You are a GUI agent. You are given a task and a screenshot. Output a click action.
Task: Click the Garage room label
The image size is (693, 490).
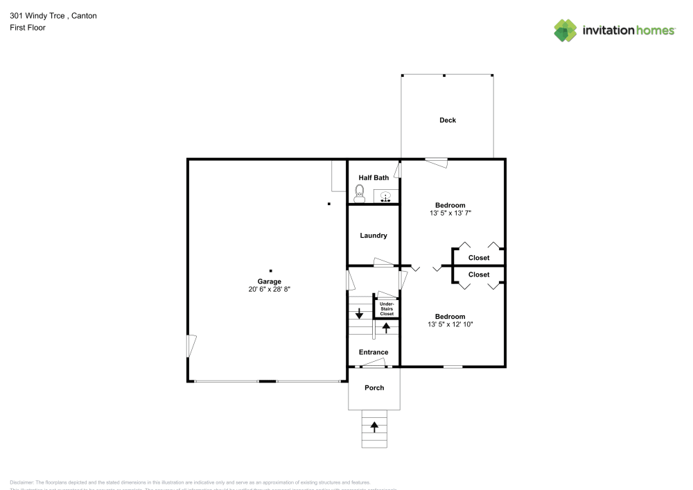270,281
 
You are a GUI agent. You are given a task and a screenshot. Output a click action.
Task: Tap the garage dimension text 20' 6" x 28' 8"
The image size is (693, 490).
270,290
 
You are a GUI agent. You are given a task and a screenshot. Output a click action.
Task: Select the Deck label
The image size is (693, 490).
448,121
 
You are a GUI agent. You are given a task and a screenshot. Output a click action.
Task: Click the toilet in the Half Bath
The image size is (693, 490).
359,192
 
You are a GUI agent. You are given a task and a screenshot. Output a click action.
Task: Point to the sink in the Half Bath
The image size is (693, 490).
385,198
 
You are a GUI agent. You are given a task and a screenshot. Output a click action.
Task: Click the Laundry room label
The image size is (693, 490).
374,236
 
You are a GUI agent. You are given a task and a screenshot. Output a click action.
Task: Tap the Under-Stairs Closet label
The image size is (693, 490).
386,308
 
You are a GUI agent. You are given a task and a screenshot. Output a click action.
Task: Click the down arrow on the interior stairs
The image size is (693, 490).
359,313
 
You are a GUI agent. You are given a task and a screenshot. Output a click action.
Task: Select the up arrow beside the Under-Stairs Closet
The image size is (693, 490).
386,326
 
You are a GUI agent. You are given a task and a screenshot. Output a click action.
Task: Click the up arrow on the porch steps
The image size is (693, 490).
374,426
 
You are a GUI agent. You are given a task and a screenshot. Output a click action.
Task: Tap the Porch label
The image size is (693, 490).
374,387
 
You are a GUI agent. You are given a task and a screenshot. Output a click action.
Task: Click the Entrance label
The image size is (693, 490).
374,353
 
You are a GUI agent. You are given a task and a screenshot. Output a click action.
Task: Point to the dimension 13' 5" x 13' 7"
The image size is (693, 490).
450,213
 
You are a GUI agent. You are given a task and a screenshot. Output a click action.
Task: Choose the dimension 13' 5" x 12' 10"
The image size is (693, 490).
450,324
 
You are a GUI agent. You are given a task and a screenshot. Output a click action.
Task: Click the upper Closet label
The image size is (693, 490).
479,258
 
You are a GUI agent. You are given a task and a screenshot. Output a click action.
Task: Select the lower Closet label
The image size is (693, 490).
479,274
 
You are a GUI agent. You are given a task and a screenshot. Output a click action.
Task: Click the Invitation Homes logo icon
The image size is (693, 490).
565,30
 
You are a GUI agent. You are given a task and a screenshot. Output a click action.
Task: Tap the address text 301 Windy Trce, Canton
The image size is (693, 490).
53,15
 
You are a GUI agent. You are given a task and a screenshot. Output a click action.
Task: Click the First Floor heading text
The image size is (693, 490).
28,28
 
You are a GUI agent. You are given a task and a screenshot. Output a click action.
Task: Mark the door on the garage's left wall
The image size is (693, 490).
192,347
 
